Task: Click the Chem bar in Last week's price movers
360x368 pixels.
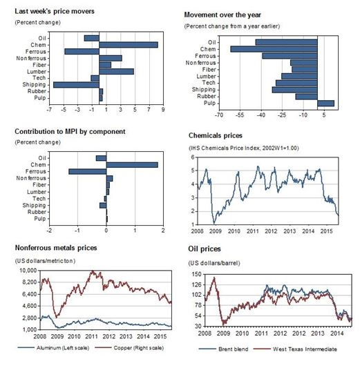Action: pos(129,45)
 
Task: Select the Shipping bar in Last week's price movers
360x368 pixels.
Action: pos(76,84)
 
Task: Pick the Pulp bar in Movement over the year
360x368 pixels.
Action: pos(325,104)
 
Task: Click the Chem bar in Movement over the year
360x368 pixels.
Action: pos(274,49)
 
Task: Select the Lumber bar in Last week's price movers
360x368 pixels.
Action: pos(116,71)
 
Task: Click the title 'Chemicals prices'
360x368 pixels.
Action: pos(216,136)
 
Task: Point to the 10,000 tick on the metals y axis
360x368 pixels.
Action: pos(28,271)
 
